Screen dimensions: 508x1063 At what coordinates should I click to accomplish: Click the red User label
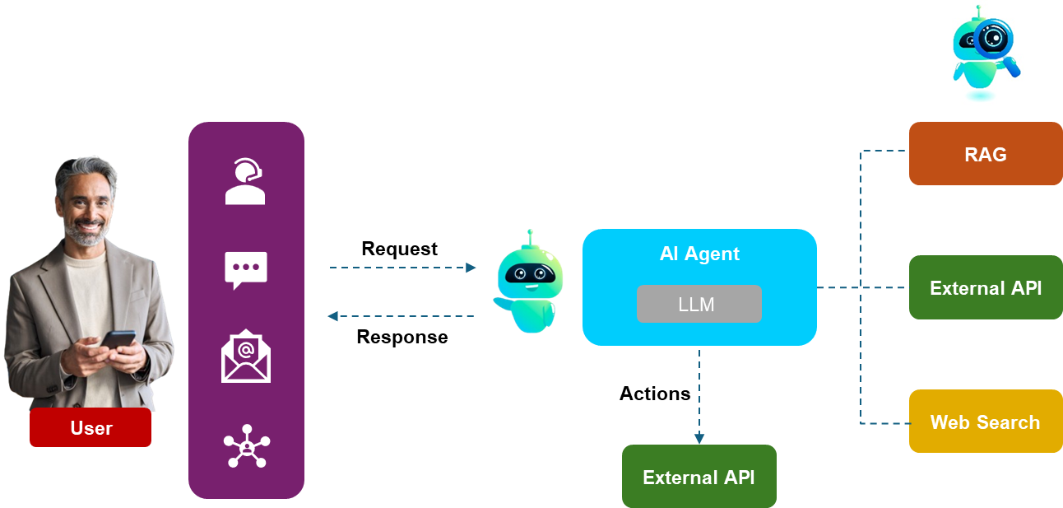[91, 427]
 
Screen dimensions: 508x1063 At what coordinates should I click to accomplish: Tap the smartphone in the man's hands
[118, 340]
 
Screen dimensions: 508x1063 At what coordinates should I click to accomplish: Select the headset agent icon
[245, 182]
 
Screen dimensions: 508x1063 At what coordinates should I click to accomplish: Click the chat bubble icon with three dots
[245, 269]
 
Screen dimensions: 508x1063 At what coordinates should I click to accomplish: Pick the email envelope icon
[245, 357]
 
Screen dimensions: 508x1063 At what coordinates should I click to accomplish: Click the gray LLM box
[699, 304]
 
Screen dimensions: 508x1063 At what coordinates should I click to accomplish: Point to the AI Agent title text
[699, 254]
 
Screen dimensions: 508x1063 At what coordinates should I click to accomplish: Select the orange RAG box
[985, 154]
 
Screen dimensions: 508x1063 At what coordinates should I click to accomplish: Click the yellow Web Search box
[985, 422]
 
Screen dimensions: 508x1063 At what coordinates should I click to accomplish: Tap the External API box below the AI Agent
[699, 477]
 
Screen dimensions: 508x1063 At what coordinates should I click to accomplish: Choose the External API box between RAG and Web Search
[985, 287]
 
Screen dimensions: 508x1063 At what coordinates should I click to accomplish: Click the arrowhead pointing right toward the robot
[471, 268]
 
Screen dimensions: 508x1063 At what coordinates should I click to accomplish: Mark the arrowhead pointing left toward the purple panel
[332, 316]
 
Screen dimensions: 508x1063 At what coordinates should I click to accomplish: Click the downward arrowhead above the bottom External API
[699, 439]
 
